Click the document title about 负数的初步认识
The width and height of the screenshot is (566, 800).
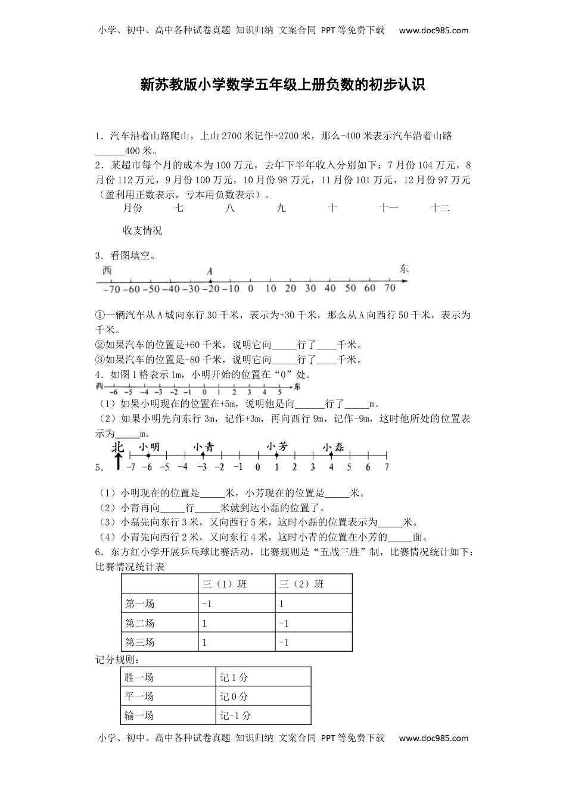282,85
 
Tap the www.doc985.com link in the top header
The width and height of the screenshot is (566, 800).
433,30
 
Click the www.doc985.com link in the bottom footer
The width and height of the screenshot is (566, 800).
433,738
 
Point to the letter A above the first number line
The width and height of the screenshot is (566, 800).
210,271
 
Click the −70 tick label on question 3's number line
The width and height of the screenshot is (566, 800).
111,289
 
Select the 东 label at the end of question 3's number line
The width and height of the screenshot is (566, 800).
404,269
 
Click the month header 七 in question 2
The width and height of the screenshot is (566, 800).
179,208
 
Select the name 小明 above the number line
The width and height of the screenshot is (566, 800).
149,447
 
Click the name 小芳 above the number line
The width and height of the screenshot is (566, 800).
277,446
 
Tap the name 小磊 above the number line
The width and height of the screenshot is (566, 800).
333,447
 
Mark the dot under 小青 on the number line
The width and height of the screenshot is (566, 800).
203,455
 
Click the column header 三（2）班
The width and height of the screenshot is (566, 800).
301,584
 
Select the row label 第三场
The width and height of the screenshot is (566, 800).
140,642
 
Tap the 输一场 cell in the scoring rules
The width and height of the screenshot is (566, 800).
139,715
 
